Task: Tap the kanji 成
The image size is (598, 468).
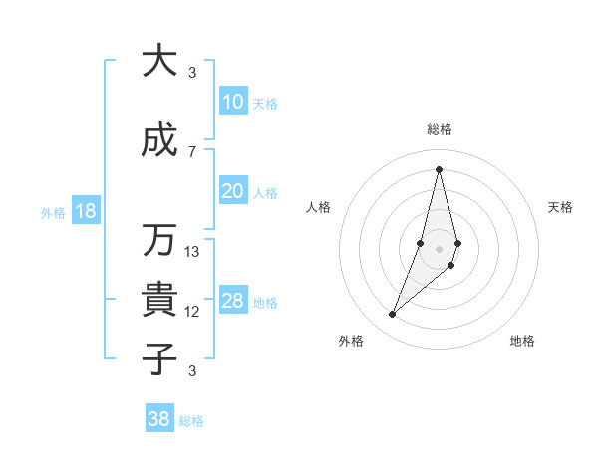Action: pyautogui.click(x=158, y=141)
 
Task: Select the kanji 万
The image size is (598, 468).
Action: pyautogui.click(x=158, y=240)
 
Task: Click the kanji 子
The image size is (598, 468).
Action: pyautogui.click(x=158, y=357)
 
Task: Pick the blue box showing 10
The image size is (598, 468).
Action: pyautogui.click(x=233, y=102)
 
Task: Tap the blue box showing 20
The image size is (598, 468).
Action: pyautogui.click(x=233, y=192)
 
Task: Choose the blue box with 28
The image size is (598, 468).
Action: pyautogui.click(x=233, y=302)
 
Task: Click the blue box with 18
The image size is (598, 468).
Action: pyautogui.click(x=85, y=211)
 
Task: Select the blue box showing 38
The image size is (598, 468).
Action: pyautogui.click(x=159, y=419)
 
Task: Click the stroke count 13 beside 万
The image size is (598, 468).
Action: pyautogui.click(x=192, y=252)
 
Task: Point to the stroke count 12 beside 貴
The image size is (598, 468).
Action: pyautogui.click(x=192, y=312)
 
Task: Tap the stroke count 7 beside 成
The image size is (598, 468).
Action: pyautogui.click(x=192, y=151)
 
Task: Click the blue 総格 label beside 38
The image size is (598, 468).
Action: pyautogui.click(x=191, y=421)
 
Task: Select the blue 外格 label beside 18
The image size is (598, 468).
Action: pyautogui.click(x=53, y=212)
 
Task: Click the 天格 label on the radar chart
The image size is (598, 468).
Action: pyautogui.click(x=560, y=207)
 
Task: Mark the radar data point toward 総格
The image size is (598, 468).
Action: pyautogui.click(x=439, y=169)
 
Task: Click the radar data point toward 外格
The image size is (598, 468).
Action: pyautogui.click(x=393, y=315)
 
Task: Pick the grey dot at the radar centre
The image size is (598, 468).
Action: pyautogui.click(x=439, y=248)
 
